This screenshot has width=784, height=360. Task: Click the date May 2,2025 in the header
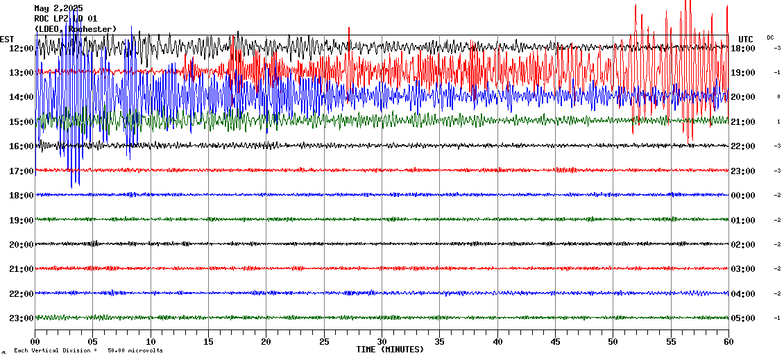[58, 8]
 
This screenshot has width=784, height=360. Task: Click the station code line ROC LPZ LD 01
[66, 19]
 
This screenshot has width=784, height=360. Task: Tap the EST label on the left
[7, 39]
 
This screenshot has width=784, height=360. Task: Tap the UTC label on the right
[746, 39]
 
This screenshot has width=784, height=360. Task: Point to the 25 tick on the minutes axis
[324, 342]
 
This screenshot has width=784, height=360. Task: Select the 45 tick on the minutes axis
[555, 342]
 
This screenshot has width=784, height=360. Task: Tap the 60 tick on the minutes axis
[728, 342]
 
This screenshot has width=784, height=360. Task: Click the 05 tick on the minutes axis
[93, 342]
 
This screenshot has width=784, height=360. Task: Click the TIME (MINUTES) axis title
[390, 350]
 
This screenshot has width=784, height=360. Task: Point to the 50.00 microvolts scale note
[135, 351]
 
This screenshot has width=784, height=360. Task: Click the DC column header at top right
[770, 37]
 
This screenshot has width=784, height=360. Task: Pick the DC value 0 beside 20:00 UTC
[778, 97]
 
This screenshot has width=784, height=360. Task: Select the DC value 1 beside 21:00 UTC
[778, 122]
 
